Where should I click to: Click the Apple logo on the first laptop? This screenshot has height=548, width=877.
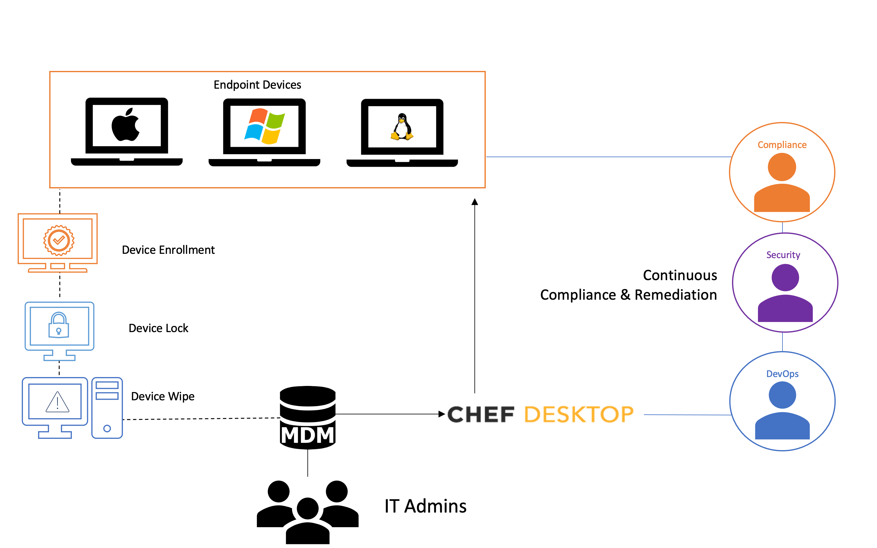pyautogui.click(x=125, y=125)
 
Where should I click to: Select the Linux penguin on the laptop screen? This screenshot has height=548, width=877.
pyautogui.click(x=402, y=127)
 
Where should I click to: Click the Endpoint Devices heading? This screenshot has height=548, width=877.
pyautogui.click(x=257, y=85)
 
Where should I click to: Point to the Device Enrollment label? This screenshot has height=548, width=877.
pyautogui.click(x=168, y=250)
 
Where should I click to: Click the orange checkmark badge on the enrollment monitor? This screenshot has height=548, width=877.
pyautogui.click(x=59, y=240)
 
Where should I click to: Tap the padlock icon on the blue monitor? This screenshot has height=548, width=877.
pyautogui.click(x=59, y=325)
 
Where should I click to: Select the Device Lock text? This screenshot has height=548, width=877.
pyautogui.click(x=158, y=328)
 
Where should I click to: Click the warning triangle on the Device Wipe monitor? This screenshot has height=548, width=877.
pyautogui.click(x=57, y=402)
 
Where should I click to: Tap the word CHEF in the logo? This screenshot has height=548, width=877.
pyautogui.click(x=481, y=415)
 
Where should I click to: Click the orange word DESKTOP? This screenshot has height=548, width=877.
pyautogui.click(x=579, y=415)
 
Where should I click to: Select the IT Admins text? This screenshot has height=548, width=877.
pyautogui.click(x=425, y=506)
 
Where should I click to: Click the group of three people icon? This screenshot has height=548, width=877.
pyautogui.click(x=307, y=511)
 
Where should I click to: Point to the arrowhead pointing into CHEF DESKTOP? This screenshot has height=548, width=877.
pyautogui.click(x=442, y=414)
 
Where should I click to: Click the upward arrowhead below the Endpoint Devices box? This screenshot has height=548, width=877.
pyautogui.click(x=474, y=202)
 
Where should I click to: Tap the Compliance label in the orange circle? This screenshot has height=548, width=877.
pyautogui.click(x=782, y=145)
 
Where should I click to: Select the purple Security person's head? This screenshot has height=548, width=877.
pyautogui.click(x=785, y=278)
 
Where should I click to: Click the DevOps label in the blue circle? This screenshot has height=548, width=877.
pyautogui.click(x=782, y=374)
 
